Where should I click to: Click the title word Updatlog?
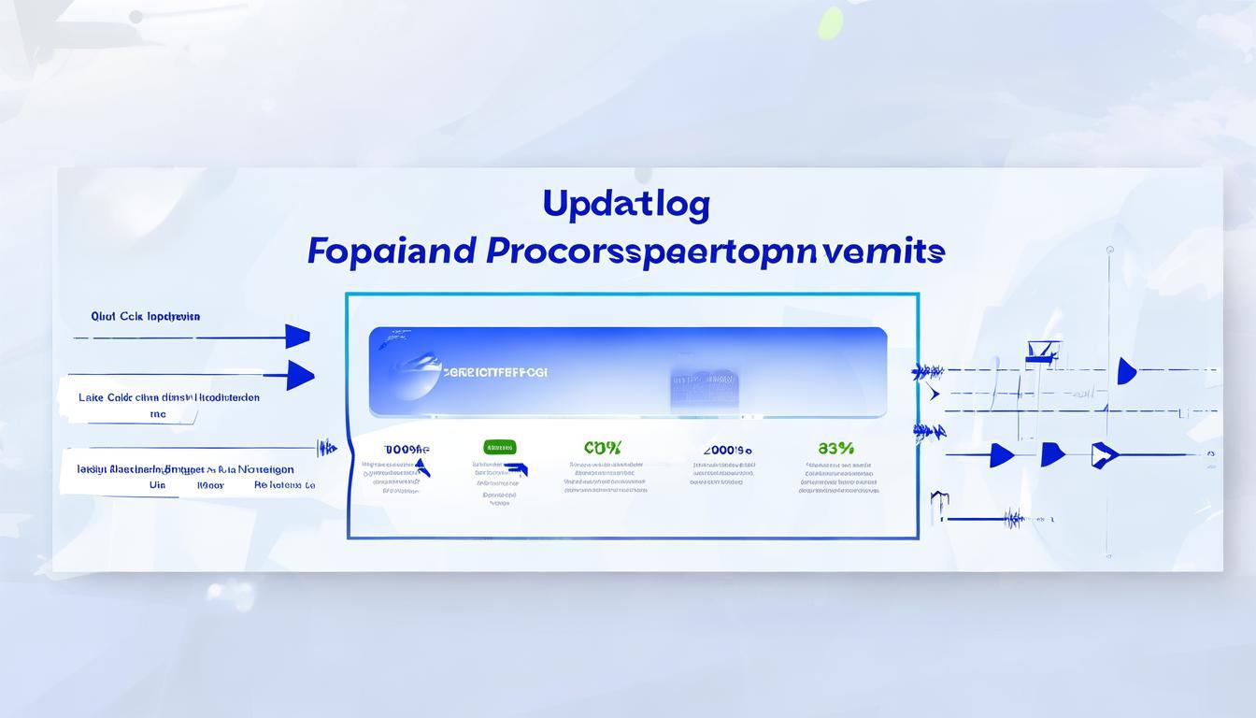[x=626, y=205]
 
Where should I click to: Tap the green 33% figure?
[x=835, y=448]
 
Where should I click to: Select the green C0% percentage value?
[x=602, y=448]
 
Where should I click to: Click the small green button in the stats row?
[x=499, y=447]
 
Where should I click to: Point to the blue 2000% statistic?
[x=727, y=450]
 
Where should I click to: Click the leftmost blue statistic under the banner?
[x=407, y=450]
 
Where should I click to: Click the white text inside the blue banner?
[x=495, y=372]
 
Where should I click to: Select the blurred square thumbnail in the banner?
[x=704, y=387]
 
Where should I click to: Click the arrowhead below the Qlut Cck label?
[x=297, y=336]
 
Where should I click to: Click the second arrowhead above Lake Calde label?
[x=300, y=375]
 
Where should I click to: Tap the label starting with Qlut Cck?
[x=146, y=316]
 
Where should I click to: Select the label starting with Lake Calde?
[x=168, y=397]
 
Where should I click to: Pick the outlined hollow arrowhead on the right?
[x=1104, y=454]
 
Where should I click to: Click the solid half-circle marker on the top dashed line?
[x=1126, y=371]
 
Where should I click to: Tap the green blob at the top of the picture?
[x=830, y=23]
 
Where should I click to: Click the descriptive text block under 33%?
[x=838, y=477]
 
